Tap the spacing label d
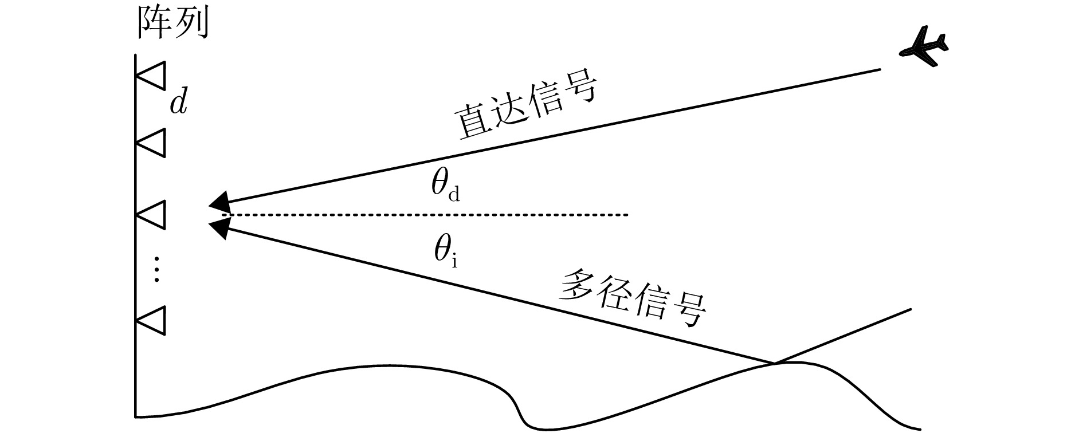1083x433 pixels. point(179,103)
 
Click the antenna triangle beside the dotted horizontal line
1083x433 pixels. point(153,215)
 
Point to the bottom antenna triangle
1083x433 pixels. point(153,320)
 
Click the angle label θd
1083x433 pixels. point(445,187)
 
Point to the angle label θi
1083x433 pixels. point(445,253)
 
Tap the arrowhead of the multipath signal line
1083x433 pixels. point(219,229)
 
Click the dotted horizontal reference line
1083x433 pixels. point(430,215)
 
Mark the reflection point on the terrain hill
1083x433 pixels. point(774,363)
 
